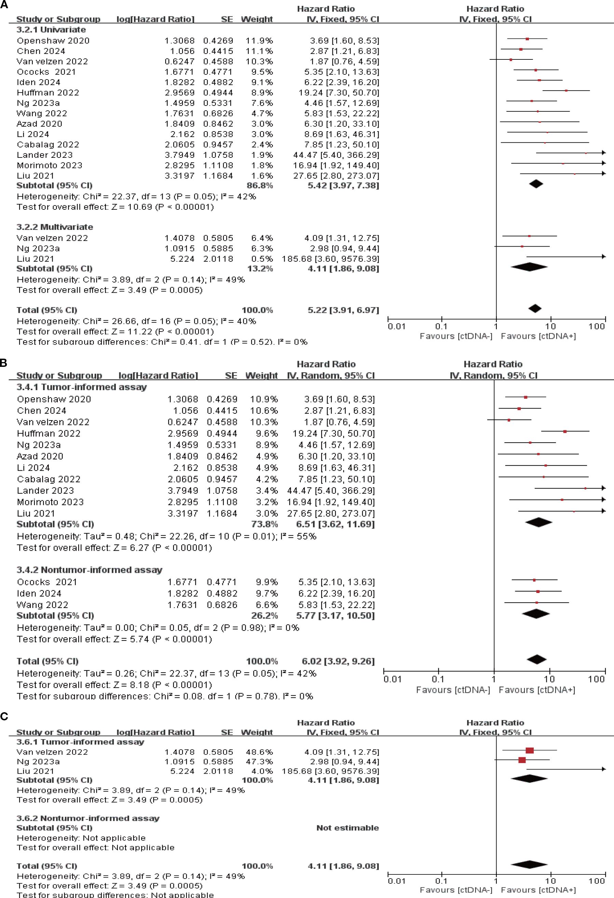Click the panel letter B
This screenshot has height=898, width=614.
4,363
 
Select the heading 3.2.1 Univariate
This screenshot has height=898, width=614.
51,30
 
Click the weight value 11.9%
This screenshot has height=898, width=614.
259,41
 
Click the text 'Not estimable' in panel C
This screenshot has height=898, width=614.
347,828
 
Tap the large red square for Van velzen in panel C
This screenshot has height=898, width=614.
529,750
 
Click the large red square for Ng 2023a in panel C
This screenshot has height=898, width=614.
522,760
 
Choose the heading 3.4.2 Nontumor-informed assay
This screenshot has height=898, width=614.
89,570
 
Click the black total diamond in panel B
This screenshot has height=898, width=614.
537,660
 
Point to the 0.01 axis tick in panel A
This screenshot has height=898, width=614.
397,327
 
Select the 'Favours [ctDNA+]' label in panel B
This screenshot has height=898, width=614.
537,690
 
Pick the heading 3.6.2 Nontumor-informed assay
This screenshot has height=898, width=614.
88,818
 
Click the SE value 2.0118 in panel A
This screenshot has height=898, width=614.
218,259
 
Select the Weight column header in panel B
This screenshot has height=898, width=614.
262,376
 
